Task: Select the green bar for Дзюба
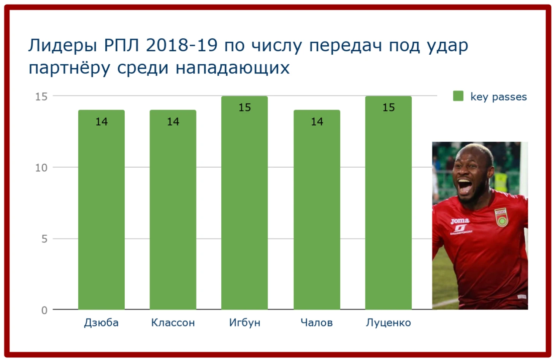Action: [x=101, y=209]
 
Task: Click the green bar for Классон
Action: [x=173, y=209]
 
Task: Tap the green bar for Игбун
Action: [x=244, y=203]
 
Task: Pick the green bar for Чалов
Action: [x=317, y=209]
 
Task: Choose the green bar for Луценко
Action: [x=388, y=203]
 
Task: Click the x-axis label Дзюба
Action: [x=101, y=323]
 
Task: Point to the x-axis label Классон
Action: [x=173, y=323]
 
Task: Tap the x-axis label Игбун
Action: [x=244, y=323]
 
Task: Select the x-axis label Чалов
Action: [x=317, y=323]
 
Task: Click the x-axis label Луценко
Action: [x=388, y=323]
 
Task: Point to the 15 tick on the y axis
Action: [x=41, y=97]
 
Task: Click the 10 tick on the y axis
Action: [x=41, y=168]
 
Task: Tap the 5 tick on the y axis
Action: [x=44, y=239]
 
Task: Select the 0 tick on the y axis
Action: [x=44, y=310]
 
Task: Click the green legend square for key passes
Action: [x=458, y=96]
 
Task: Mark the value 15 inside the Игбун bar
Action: [x=244, y=108]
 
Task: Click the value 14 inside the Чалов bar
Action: [x=317, y=122]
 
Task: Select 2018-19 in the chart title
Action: [x=182, y=45]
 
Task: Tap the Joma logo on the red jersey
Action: [x=460, y=221]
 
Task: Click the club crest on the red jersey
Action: [x=501, y=217]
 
